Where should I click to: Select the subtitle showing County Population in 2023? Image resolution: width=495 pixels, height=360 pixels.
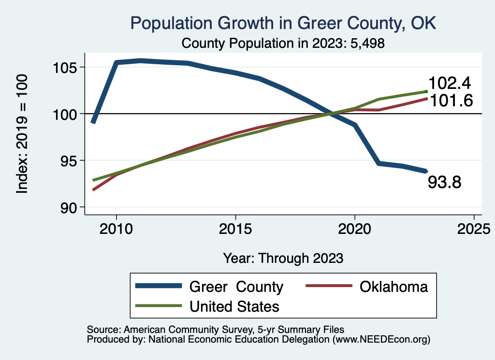pos(283,43)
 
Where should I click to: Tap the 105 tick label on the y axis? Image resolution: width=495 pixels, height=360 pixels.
pos(65,67)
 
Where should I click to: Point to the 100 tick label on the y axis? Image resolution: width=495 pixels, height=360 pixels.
pos(65,114)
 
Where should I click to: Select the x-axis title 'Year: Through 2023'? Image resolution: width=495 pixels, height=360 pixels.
pos(283,258)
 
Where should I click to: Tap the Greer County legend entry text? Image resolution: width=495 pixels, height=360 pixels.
pos(236,287)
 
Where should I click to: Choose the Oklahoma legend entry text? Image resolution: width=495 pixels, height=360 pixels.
pos(393,287)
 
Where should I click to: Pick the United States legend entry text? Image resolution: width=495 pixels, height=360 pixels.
pos(234,306)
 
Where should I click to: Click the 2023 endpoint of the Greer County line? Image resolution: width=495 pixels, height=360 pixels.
pos(426,171)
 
